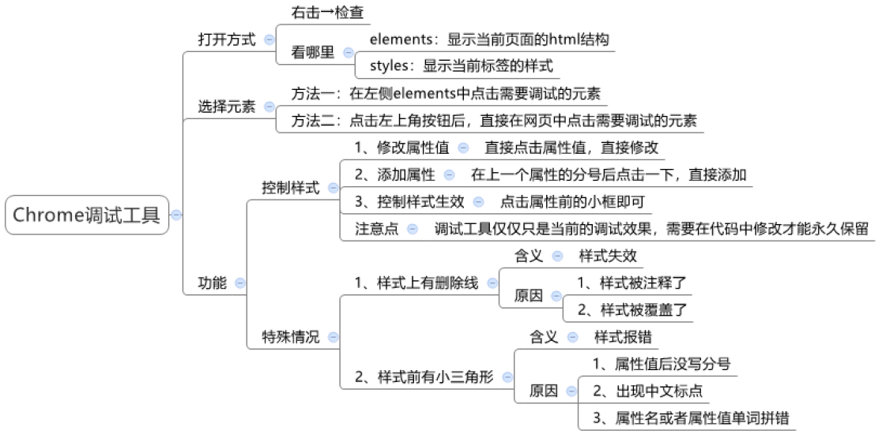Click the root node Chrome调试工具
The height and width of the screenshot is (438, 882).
[86, 215]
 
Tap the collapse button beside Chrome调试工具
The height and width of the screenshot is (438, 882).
[176, 215]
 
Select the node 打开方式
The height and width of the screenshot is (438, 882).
[226, 39]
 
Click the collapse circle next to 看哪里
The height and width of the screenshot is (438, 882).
[348, 53]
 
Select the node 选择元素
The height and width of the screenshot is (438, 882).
[226, 107]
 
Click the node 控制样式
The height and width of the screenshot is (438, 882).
[291, 188]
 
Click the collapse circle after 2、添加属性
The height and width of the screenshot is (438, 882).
[450, 174]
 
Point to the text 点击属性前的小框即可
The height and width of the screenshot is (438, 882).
[572, 201]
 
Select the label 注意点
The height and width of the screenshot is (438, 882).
[376, 229]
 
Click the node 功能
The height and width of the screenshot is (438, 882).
[212, 282]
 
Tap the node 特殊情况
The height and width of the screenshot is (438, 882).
[291, 337]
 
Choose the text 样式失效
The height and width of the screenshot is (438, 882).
[608, 256]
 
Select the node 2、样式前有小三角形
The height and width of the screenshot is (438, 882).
[424, 377]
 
